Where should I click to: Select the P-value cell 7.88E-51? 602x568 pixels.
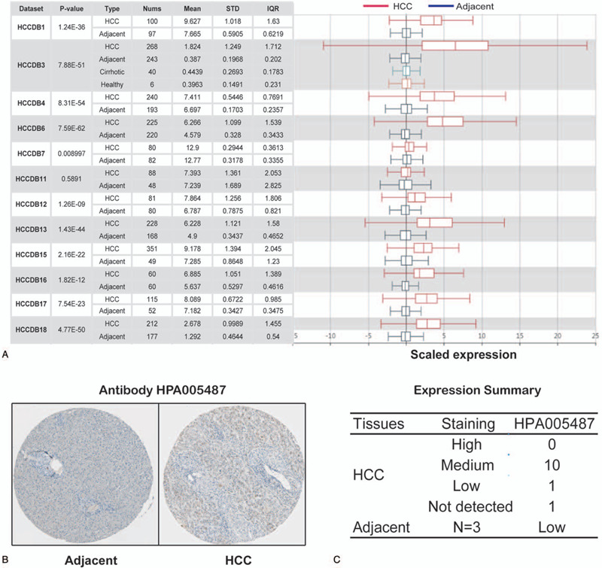click(70, 64)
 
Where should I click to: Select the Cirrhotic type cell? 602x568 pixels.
click(112, 70)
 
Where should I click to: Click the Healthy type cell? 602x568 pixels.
click(112, 83)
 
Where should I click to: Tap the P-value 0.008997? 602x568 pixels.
click(70, 153)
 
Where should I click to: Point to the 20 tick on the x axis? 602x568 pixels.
click(557, 336)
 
